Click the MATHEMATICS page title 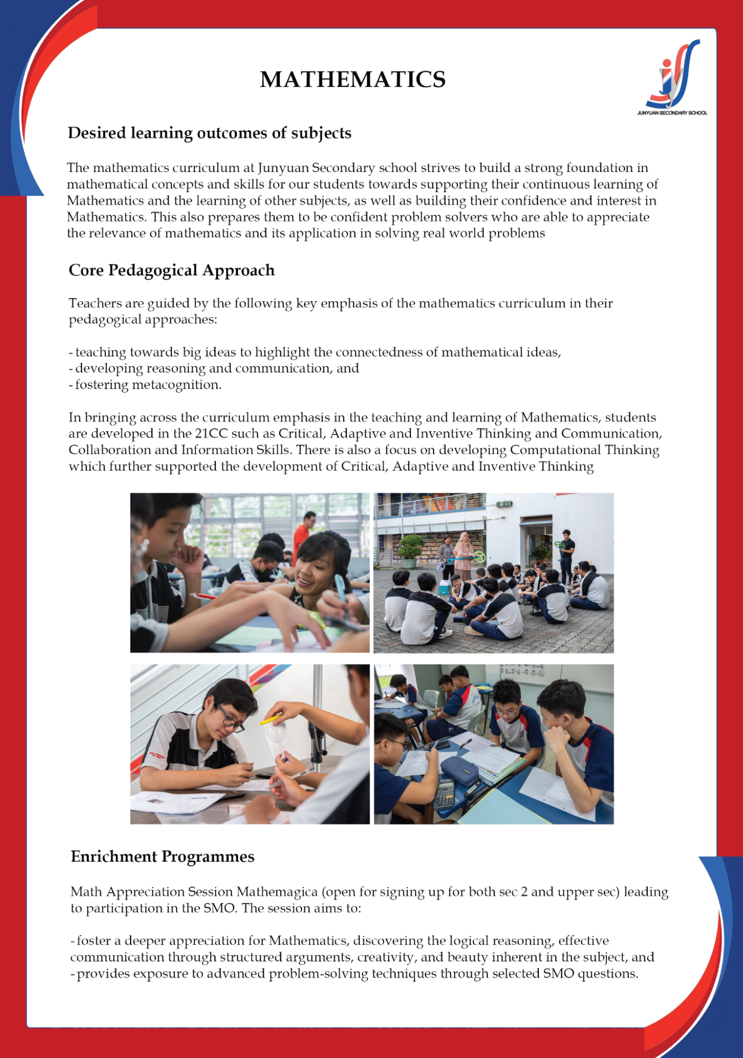click(x=353, y=79)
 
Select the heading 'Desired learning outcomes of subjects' click(x=209, y=133)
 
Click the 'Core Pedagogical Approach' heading click(x=171, y=270)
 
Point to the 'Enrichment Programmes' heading click(x=162, y=856)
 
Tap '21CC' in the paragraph click(x=211, y=433)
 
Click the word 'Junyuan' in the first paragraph click(x=283, y=168)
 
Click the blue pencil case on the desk click(x=460, y=771)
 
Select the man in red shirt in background click(x=302, y=535)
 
